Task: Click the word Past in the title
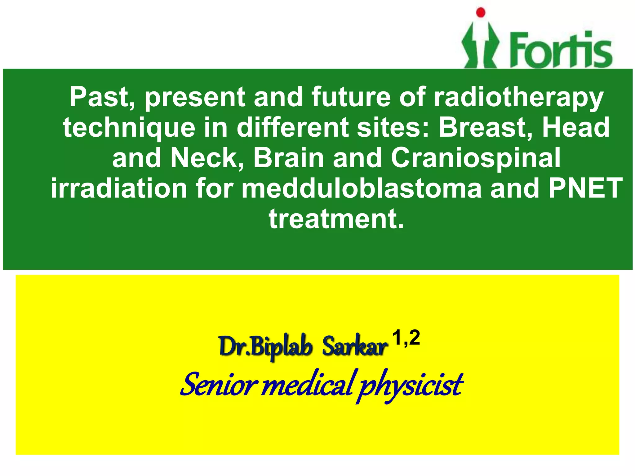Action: click(102, 97)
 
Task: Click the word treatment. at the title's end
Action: click(336, 219)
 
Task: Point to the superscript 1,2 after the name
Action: click(406, 338)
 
